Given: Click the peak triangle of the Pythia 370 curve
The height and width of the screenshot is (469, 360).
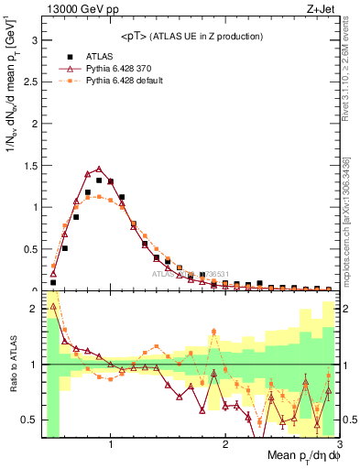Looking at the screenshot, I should [x=99, y=169].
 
